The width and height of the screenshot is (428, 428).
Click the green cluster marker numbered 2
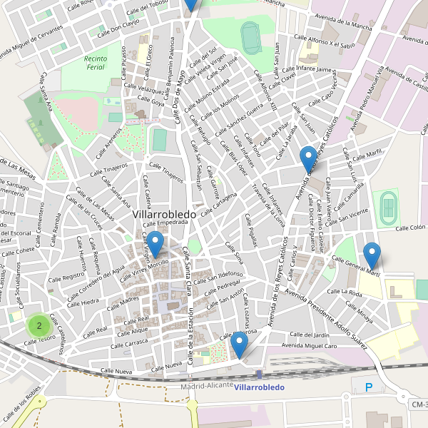point(39,326)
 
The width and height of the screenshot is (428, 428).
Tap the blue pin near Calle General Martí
point(372,255)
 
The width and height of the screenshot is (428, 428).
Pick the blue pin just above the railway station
point(240,344)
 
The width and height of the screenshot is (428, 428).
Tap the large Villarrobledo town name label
point(165,213)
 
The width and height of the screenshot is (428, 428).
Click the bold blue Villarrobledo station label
point(259,387)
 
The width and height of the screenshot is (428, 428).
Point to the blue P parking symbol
point(369,388)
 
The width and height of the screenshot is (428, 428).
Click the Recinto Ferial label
point(94,63)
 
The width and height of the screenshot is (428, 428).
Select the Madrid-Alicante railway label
point(207,385)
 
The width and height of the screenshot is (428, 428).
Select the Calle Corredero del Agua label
point(98,277)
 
